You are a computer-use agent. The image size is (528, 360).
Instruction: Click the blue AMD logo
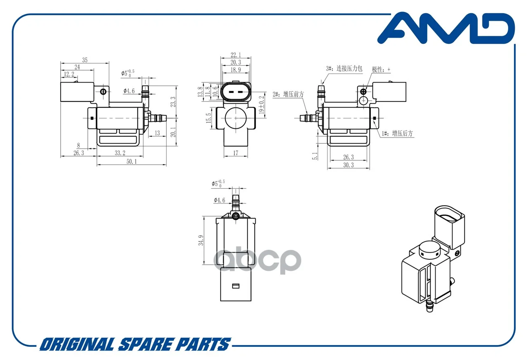pyautogui.click(x=446, y=28)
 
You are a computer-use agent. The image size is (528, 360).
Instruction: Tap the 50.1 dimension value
pyautogui.click(x=132, y=161)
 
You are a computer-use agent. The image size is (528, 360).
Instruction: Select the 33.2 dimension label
pyautogui.click(x=120, y=153)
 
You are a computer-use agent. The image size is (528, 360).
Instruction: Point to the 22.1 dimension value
pyautogui.click(x=236, y=55)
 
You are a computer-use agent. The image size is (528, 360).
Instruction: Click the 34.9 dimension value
pyautogui.click(x=201, y=240)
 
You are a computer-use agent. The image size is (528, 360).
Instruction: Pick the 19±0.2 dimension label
pyautogui.click(x=262, y=105)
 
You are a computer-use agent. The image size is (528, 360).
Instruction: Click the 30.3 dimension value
pyautogui.click(x=349, y=165)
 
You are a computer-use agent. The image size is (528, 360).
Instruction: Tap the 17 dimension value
pyautogui.click(x=236, y=153)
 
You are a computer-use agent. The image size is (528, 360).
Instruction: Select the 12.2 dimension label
pyautogui.click(x=69, y=74)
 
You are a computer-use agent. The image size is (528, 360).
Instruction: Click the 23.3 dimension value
pyautogui.click(x=173, y=102)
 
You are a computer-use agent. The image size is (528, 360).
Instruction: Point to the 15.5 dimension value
pyautogui.click(x=209, y=118)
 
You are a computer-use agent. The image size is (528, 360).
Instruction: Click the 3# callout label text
pyautogui.click(x=344, y=69)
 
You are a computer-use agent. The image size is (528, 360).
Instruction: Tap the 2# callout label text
pyautogui.click(x=288, y=95)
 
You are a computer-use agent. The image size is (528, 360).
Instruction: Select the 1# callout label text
pyautogui.click(x=397, y=133)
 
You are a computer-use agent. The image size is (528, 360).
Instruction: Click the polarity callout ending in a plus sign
pyautogui.click(x=381, y=70)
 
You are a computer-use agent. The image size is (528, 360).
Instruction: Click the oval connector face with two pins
pyautogui.click(x=236, y=92)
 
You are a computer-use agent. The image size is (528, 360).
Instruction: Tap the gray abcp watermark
pyautogui.click(x=257, y=260)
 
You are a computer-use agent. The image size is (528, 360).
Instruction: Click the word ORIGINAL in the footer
pyautogui.click(x=77, y=344)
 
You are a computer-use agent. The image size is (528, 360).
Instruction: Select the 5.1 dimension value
pyautogui.click(x=315, y=156)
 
